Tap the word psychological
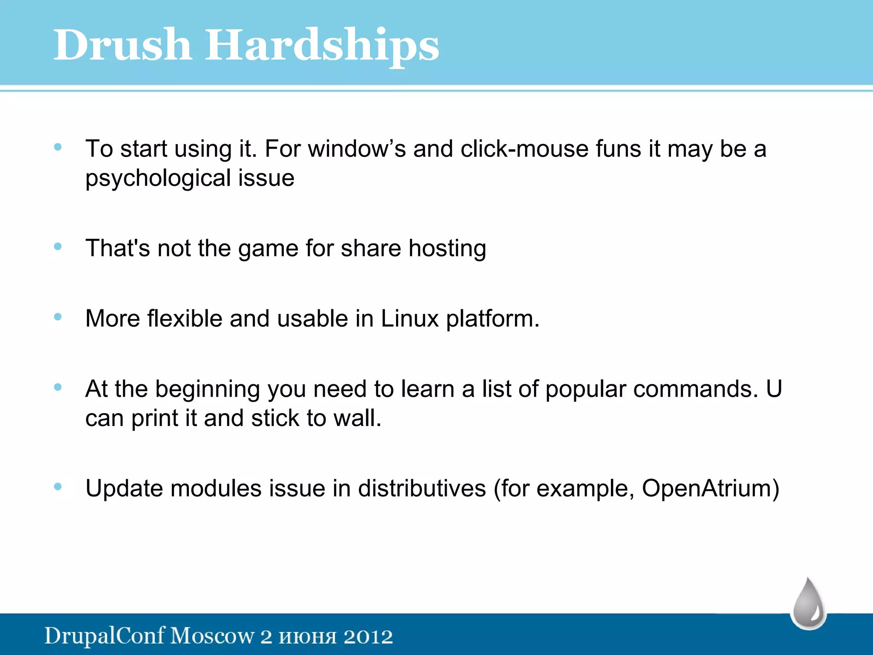click(x=158, y=178)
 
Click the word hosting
click(x=447, y=249)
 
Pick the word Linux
click(x=409, y=319)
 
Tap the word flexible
click(x=185, y=319)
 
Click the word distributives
click(x=422, y=488)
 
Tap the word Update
click(x=124, y=488)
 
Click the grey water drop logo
click(x=809, y=604)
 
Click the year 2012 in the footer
click(x=368, y=636)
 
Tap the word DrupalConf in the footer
click(x=104, y=636)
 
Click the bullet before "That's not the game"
click(x=58, y=246)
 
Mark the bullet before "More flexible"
click(x=58, y=316)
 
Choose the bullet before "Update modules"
click(x=58, y=486)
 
